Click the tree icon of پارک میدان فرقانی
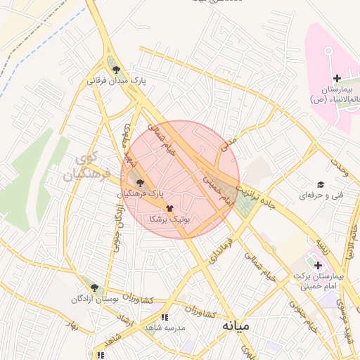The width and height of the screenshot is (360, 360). (x=116, y=69)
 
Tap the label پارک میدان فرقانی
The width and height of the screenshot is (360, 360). (x=117, y=81)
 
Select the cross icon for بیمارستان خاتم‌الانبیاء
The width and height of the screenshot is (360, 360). (x=337, y=77)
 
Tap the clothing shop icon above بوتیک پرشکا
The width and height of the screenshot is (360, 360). (x=169, y=209)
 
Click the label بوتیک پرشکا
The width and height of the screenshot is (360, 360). (x=169, y=220)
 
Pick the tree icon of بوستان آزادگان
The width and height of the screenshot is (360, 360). (x=94, y=288)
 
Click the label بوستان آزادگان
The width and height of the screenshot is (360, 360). (x=93, y=299)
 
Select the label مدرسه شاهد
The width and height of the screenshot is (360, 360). (x=164, y=328)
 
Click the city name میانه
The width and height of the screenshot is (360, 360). (x=236, y=326)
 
